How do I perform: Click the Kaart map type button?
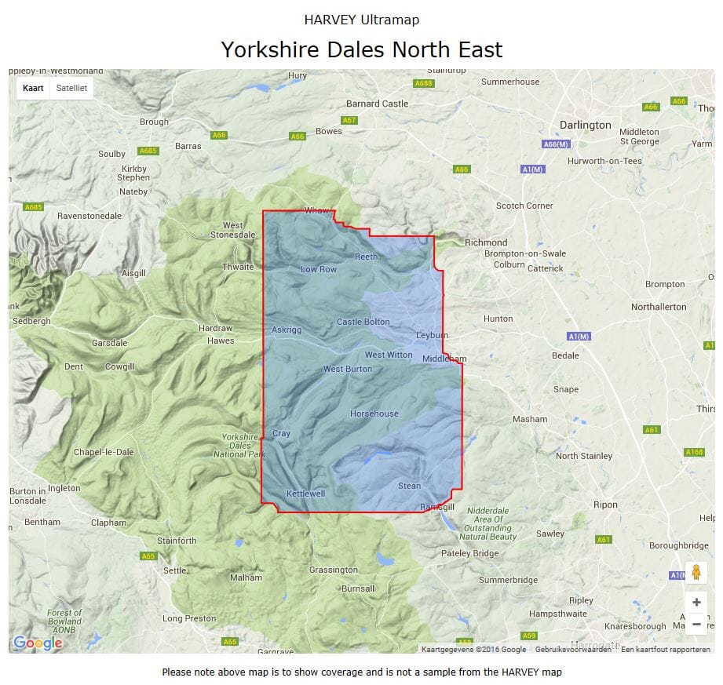(x=33, y=88)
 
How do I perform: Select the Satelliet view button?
(x=71, y=88)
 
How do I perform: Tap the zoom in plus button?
(x=696, y=603)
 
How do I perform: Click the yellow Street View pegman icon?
(x=696, y=573)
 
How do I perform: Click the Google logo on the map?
(x=38, y=643)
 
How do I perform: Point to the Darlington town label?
(x=585, y=125)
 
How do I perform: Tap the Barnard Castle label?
(x=378, y=104)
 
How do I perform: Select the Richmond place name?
(x=486, y=242)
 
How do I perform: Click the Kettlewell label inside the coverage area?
(x=305, y=494)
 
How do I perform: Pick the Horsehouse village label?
(x=374, y=414)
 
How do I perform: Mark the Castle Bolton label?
(x=363, y=322)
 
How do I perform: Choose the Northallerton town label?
(x=659, y=307)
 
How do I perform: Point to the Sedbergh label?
(x=32, y=321)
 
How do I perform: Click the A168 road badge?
(x=694, y=452)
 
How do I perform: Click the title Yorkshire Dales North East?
(x=361, y=49)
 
